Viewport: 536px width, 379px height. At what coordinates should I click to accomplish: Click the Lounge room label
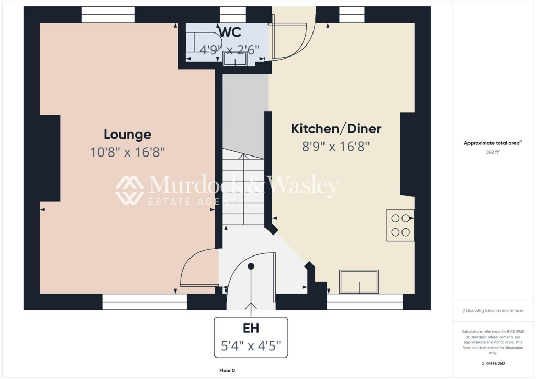[127, 135]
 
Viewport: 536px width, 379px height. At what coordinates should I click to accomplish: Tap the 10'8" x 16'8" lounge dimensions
[127, 152]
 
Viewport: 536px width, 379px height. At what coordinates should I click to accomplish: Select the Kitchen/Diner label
[336, 128]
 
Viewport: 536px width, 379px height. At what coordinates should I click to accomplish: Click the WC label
[230, 32]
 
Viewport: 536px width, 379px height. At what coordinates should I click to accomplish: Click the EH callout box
[251, 337]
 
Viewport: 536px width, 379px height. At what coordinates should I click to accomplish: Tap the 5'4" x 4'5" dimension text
[251, 346]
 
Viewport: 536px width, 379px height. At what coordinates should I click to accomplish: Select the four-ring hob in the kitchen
[400, 225]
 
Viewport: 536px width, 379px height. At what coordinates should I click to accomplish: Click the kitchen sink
[359, 282]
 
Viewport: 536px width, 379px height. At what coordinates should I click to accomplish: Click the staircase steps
[243, 188]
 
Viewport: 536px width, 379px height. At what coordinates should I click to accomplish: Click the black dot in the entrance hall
[251, 266]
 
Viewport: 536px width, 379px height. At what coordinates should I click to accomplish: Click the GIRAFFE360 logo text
[493, 363]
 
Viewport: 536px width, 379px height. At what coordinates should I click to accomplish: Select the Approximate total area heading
[493, 143]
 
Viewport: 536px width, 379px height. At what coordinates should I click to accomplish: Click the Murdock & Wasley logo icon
[130, 190]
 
